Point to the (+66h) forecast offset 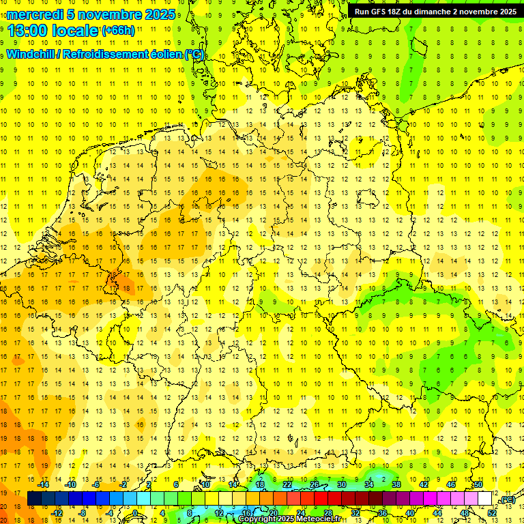coord(118,31)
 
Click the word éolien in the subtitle coord(166,54)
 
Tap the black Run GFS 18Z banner coord(435,11)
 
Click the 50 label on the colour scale coord(478,484)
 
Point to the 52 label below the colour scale coord(492,512)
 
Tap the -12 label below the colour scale coord(57,512)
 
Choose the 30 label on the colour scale coord(342,484)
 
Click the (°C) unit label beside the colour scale coord(506,499)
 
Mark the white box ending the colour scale coord(485,499)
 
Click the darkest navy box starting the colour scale coord(34,499)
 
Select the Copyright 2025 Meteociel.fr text coord(289,519)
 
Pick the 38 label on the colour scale coord(396,484)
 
